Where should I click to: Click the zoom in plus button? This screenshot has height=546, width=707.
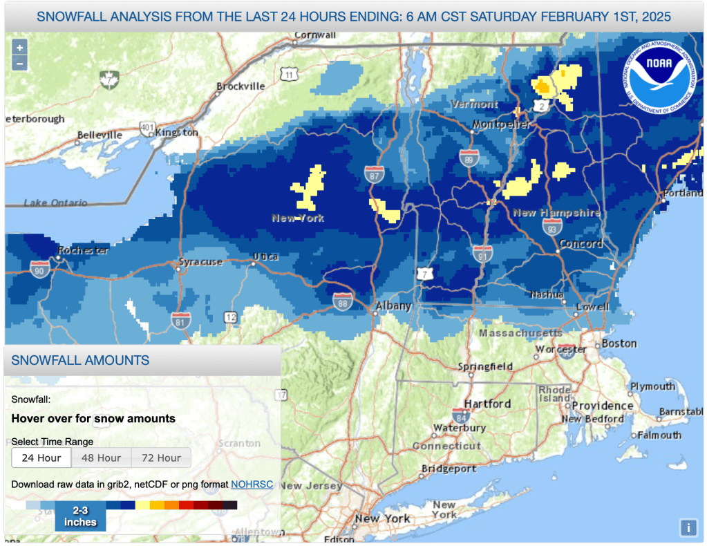[19, 48]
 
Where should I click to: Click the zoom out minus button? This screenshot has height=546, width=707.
[19, 63]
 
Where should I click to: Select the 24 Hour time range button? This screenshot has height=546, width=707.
[41, 458]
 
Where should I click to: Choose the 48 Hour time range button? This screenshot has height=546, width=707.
[101, 458]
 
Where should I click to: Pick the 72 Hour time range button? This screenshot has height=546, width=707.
[160, 458]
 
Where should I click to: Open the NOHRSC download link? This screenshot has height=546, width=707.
[252, 484]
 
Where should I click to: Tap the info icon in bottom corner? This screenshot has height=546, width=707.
[688, 528]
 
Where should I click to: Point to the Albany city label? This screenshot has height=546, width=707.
[393, 305]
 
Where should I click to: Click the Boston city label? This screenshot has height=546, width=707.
[619, 343]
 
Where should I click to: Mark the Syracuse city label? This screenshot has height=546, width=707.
[200, 262]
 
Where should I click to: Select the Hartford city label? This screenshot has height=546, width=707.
[487, 404]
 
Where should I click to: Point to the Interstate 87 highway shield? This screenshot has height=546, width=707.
[375, 173]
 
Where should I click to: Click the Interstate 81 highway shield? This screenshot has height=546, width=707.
[181, 319]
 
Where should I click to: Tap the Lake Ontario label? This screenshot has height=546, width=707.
[55, 203]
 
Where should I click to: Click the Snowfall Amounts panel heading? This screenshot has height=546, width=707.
[80, 360]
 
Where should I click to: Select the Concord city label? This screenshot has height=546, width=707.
[581, 243]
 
